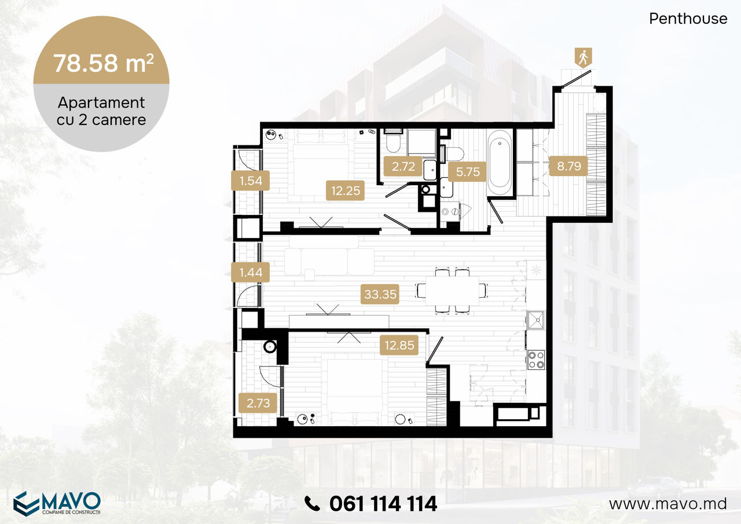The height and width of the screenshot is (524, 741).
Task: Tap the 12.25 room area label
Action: click(x=345, y=190)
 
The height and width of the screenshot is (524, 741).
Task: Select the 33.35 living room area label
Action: click(x=380, y=294)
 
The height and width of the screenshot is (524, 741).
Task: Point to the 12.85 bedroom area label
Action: click(x=399, y=345)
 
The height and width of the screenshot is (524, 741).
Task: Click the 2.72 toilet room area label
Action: click(x=403, y=166)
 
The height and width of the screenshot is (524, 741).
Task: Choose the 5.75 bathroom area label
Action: click(x=467, y=172)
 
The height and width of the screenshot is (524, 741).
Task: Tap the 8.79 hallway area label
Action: click(x=568, y=166)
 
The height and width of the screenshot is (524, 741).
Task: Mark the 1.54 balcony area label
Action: click(x=251, y=181)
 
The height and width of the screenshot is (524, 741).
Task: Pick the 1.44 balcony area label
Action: click(x=251, y=272)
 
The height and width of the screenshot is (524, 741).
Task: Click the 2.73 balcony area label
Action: click(x=258, y=403)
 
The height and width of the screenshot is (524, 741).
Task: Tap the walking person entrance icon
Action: click(x=583, y=57)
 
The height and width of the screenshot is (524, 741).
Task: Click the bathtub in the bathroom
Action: click(x=500, y=163)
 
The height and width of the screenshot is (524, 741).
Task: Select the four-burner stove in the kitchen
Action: click(x=536, y=360)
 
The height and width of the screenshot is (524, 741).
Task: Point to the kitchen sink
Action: click(x=536, y=320)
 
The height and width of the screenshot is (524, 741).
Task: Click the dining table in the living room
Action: click(x=452, y=291)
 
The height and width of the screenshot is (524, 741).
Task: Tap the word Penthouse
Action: click(x=688, y=19)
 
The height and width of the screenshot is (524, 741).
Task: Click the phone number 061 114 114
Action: click(x=383, y=504)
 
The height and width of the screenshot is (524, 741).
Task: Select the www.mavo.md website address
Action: click(x=668, y=504)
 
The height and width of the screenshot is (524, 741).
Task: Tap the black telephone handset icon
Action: click(x=312, y=504)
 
